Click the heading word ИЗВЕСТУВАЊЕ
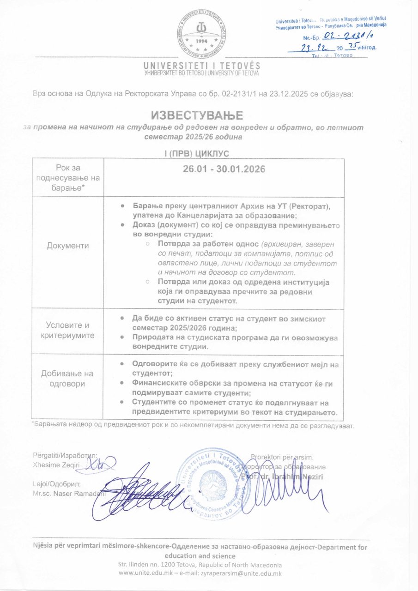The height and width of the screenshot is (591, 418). pos(197,114)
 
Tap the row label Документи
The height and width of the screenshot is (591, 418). pos(68,246)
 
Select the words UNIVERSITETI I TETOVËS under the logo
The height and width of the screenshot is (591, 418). pos(202,66)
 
